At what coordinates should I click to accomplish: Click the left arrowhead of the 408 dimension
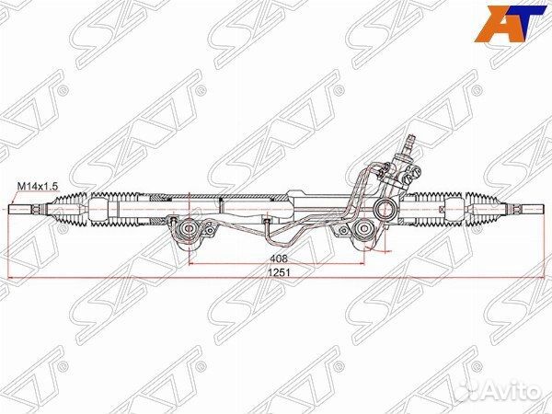click(x=190, y=264)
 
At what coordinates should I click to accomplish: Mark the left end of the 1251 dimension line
click(x=10, y=278)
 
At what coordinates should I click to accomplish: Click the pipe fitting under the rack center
click(x=265, y=220)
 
